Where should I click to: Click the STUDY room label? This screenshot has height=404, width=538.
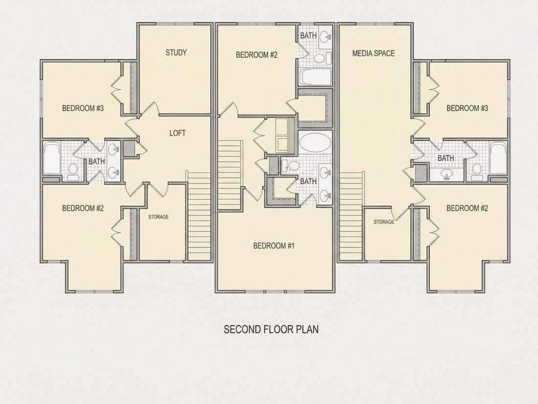[176, 52]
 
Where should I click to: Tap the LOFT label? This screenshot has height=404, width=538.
[178, 133]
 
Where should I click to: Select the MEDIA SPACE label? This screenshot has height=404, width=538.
[373, 53]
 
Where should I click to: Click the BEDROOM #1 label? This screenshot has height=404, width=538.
[274, 246]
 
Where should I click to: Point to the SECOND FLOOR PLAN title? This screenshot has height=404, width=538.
[271, 329]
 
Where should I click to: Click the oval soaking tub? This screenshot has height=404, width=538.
[315, 141]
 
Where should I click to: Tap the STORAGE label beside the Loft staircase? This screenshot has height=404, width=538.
[158, 217]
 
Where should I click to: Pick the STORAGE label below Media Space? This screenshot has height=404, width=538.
[384, 222]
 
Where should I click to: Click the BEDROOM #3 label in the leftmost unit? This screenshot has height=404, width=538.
[83, 108]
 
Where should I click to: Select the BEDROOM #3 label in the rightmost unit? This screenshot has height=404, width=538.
[467, 108]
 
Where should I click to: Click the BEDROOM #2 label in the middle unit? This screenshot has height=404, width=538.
[256, 55]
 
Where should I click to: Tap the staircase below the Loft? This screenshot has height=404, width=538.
[199, 216]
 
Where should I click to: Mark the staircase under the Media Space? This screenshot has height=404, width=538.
[351, 216]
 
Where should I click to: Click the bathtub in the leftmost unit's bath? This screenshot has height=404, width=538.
[52, 159]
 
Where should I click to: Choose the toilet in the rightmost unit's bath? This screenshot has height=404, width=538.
[476, 172]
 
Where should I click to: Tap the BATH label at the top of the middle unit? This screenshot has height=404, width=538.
[308, 35]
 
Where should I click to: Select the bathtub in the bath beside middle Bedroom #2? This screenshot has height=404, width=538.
[315, 77]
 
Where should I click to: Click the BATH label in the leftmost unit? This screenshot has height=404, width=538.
[96, 161]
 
